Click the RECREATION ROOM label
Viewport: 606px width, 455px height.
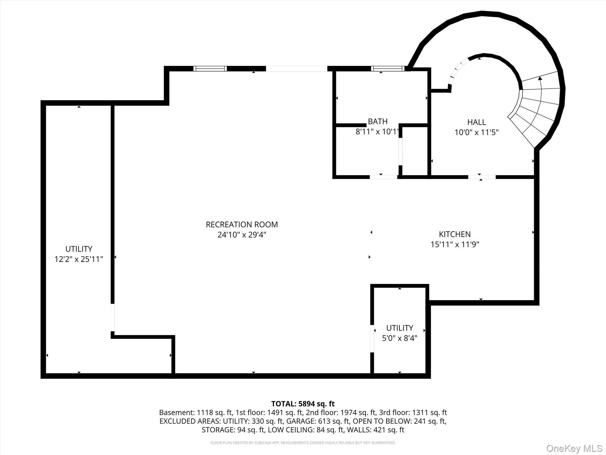pos(242,225)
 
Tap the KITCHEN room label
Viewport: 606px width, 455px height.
pos(454,234)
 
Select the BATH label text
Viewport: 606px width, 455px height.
pos(378,121)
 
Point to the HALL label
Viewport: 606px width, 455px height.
pos(476,122)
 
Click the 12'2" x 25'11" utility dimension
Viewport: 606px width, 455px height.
pos(79,259)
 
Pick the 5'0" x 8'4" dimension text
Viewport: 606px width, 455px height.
pos(399,338)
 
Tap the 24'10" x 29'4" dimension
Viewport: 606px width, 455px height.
pos(242,235)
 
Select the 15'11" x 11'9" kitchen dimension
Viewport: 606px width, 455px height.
pos(454,244)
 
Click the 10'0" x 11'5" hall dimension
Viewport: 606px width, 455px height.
pos(476,132)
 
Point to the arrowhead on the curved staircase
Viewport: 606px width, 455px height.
pos(540,78)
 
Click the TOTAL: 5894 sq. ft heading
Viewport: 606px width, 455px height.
pos(303,404)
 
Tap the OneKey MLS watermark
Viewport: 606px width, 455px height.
pos(574,448)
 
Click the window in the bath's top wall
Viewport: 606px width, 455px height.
pos(388,69)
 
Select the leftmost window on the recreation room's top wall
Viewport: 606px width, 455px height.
pos(210,69)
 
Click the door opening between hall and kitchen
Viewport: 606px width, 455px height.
pos(482,177)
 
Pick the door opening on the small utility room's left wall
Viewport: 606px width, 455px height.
pos(372,339)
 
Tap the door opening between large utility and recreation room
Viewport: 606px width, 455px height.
pos(112,317)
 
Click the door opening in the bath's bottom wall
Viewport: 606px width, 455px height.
pos(383,177)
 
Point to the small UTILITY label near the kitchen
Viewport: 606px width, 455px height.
pos(399,328)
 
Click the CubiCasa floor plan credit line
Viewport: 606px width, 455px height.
pos(303,443)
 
